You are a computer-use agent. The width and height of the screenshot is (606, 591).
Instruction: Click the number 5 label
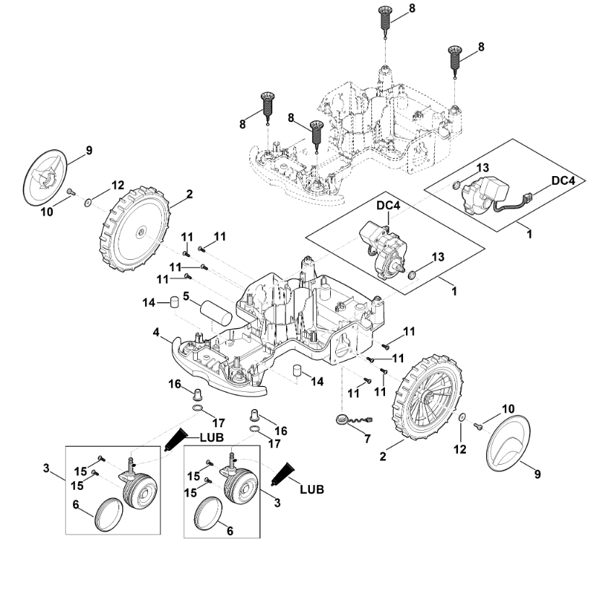tap(186, 297)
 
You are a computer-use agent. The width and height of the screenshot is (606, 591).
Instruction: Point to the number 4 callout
tap(156, 332)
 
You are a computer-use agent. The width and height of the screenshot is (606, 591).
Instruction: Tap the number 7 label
tap(367, 439)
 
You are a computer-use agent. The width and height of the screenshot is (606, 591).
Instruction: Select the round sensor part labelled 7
tap(342, 419)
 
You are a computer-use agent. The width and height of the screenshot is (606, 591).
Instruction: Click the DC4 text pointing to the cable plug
tap(563, 180)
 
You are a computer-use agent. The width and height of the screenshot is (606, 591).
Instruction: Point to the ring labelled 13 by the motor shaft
tap(412, 275)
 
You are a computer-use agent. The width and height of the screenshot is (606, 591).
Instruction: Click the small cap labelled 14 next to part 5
tap(174, 301)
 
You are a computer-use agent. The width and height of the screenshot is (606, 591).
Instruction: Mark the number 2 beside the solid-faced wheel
tap(189, 194)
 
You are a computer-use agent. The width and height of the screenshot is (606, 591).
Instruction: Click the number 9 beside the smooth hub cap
tap(537, 474)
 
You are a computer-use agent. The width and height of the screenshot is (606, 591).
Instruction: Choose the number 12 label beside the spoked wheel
tap(460, 449)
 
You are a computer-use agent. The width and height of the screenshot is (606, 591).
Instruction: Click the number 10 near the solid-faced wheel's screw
tap(47, 211)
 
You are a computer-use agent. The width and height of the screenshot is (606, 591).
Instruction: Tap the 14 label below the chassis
tap(317, 382)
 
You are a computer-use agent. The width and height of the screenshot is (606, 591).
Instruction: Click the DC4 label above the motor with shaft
tap(389, 206)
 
